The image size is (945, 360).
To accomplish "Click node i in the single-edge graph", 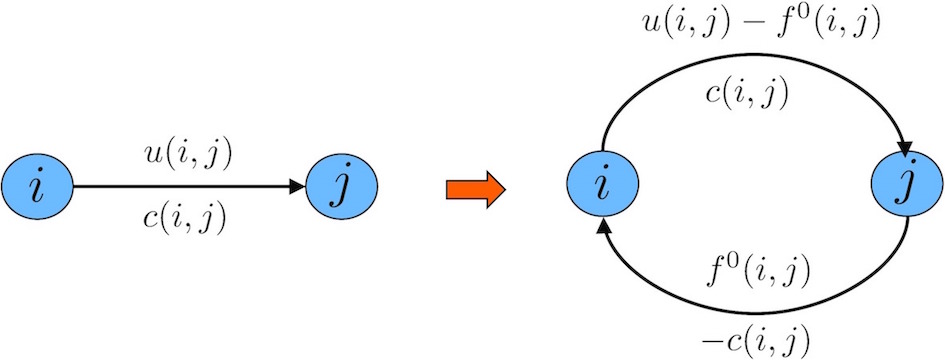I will tap(37, 187).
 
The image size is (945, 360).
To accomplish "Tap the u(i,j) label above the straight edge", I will tap(188, 157).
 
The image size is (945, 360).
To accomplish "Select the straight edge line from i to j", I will tap(180, 187).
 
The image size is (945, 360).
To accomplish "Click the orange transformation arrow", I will tap(473, 188).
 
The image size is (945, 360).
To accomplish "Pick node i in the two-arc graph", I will tap(601, 187).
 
